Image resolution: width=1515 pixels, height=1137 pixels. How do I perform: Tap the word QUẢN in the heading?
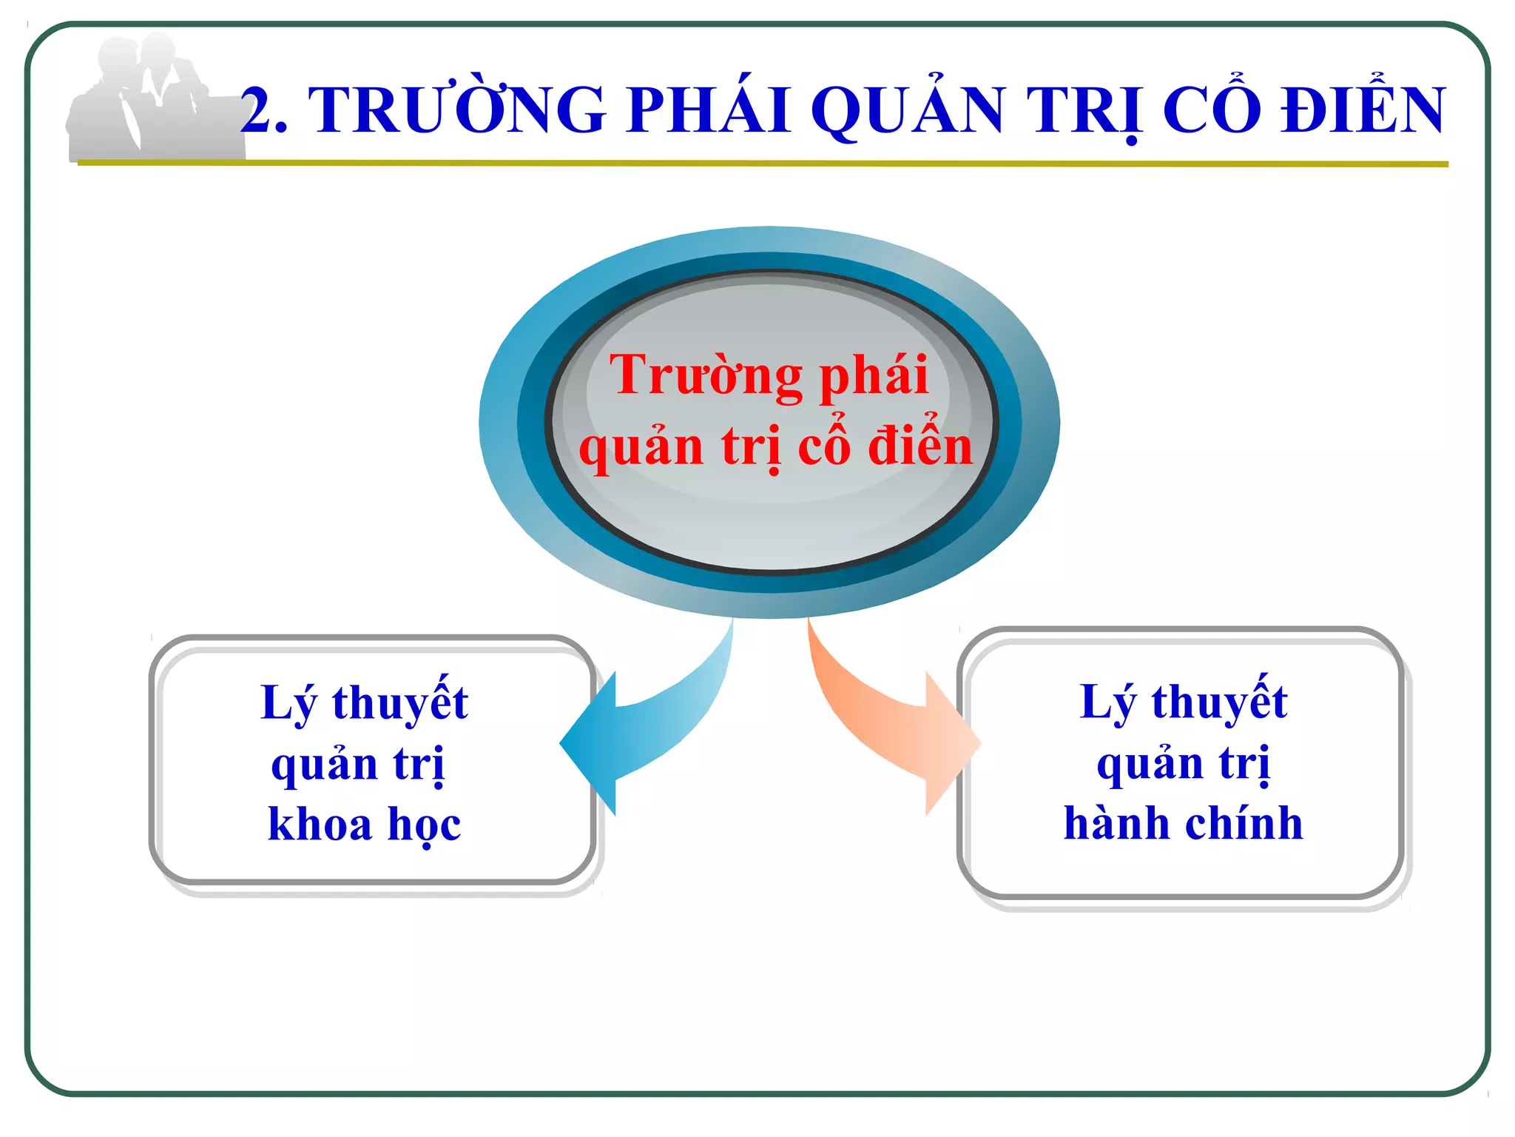[x=908, y=111]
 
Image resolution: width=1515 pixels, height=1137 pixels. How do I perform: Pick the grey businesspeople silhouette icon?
[x=148, y=100]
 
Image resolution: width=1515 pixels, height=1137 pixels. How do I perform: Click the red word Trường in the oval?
[x=705, y=376]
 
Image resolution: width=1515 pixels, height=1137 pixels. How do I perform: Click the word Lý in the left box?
[x=289, y=703]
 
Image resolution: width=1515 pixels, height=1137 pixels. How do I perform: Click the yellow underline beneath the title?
[x=762, y=164]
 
